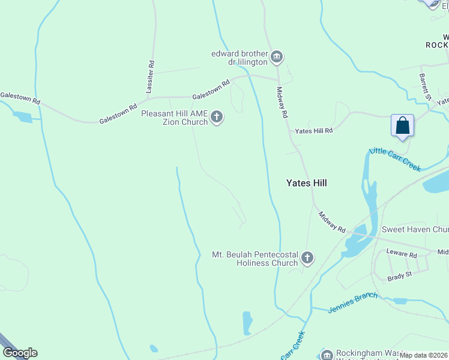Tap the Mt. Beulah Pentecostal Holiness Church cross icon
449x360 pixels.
pyautogui.click(x=307, y=259)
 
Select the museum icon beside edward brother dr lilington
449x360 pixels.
pyautogui.click(x=277, y=57)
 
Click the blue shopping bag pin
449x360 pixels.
pyautogui.click(x=402, y=126)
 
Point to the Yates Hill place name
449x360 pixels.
pyautogui.click(x=306, y=182)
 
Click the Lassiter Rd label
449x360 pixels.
pyautogui.click(x=151, y=76)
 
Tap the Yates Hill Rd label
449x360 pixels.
pyautogui.click(x=313, y=130)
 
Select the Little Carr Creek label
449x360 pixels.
pyautogui.click(x=395, y=159)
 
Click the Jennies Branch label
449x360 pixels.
pyautogui.click(x=353, y=302)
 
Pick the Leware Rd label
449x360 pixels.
pyautogui.click(x=402, y=254)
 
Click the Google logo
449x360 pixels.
pyautogui.click(x=20, y=353)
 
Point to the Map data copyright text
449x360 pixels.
pyautogui.click(x=424, y=355)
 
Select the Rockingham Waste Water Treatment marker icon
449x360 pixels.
pyautogui.click(x=327, y=355)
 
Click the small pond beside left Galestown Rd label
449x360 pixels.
pyautogui.click(x=23, y=117)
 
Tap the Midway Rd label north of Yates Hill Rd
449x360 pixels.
pyautogui.click(x=282, y=103)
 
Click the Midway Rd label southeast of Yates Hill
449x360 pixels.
pyautogui.click(x=332, y=222)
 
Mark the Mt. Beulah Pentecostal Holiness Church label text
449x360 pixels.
pyautogui.click(x=255, y=259)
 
